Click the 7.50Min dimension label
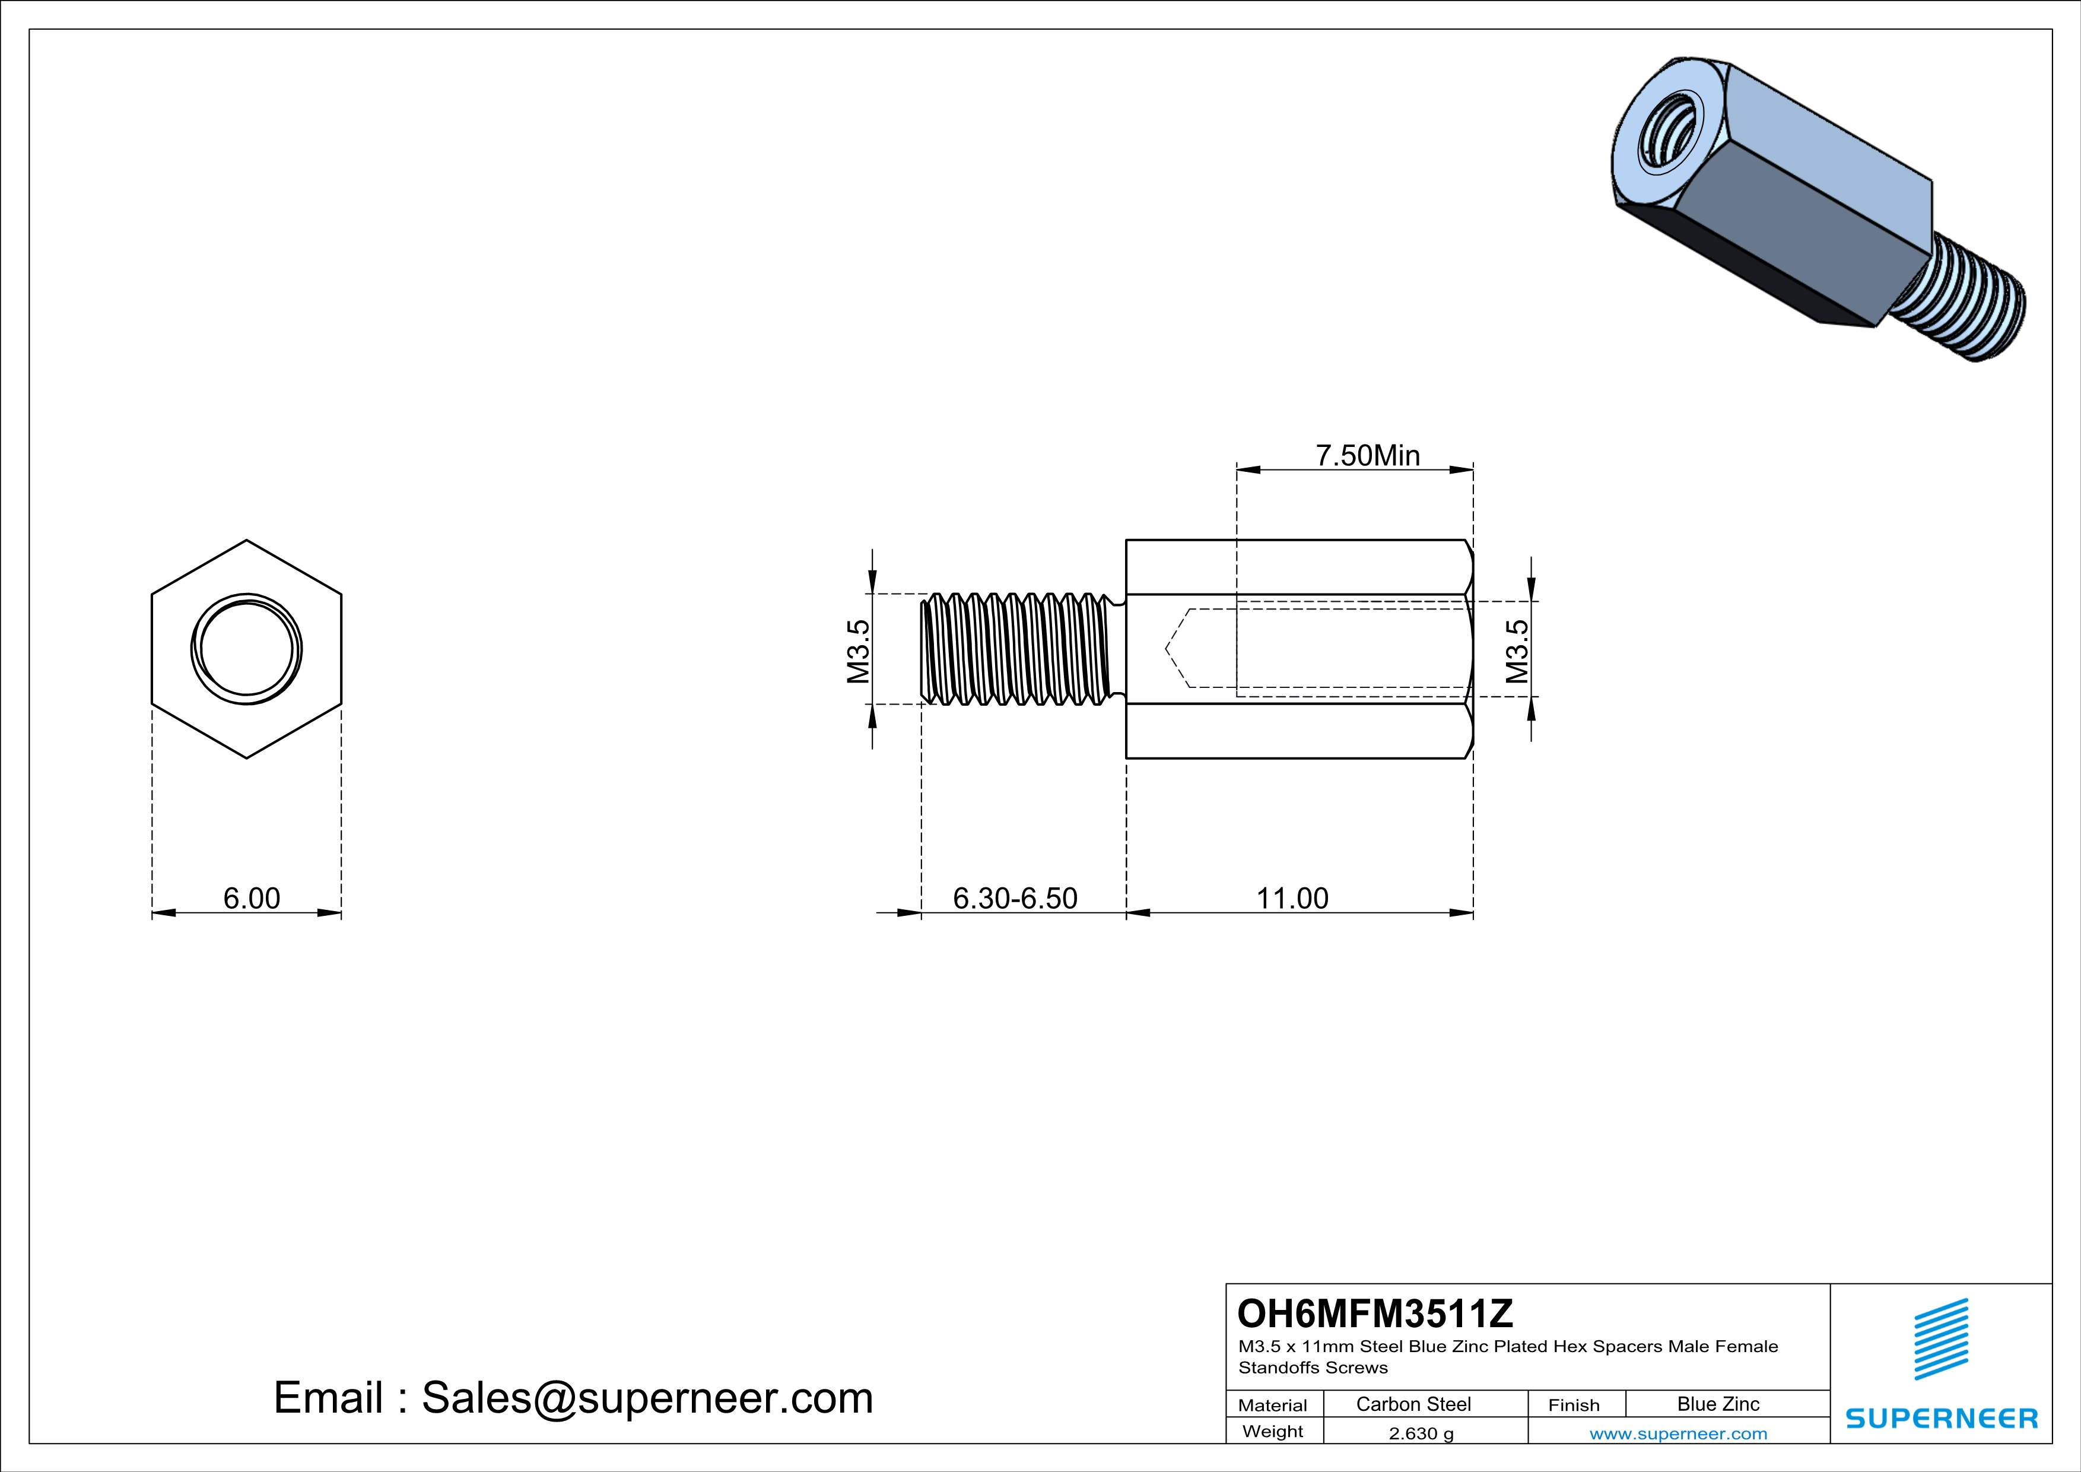click(x=1368, y=455)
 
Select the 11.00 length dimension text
click(x=1292, y=898)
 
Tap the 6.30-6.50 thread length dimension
click(x=1015, y=898)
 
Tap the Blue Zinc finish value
click(x=1718, y=1404)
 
